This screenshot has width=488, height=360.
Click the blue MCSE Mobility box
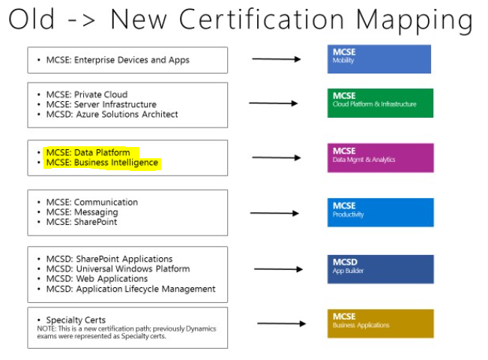click(379, 59)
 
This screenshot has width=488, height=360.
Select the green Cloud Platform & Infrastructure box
click(380, 103)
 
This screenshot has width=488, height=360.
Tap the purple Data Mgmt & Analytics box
click(380, 158)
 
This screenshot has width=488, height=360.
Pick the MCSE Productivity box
click(380, 212)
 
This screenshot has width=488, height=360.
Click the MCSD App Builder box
click(380, 269)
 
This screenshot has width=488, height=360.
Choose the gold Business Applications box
click(380, 323)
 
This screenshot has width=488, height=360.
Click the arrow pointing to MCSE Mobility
click(277, 58)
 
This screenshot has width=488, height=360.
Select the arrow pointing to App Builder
click(279, 269)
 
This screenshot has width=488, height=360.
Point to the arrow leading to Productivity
click(274, 213)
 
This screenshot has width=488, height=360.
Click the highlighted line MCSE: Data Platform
click(88, 152)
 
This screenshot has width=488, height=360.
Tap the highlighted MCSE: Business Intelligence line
click(102, 163)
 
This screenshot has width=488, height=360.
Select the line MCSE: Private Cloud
click(87, 94)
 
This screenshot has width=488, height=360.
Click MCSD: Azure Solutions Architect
click(112, 114)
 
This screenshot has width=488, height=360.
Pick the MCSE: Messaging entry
click(82, 212)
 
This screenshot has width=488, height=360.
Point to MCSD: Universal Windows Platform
click(118, 268)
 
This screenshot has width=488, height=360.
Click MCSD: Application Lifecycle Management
click(130, 289)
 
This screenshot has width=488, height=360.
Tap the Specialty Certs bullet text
click(76, 319)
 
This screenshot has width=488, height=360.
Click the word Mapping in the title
click(415, 20)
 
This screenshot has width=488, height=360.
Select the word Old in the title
click(31, 19)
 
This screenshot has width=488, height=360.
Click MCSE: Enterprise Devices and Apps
click(118, 60)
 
